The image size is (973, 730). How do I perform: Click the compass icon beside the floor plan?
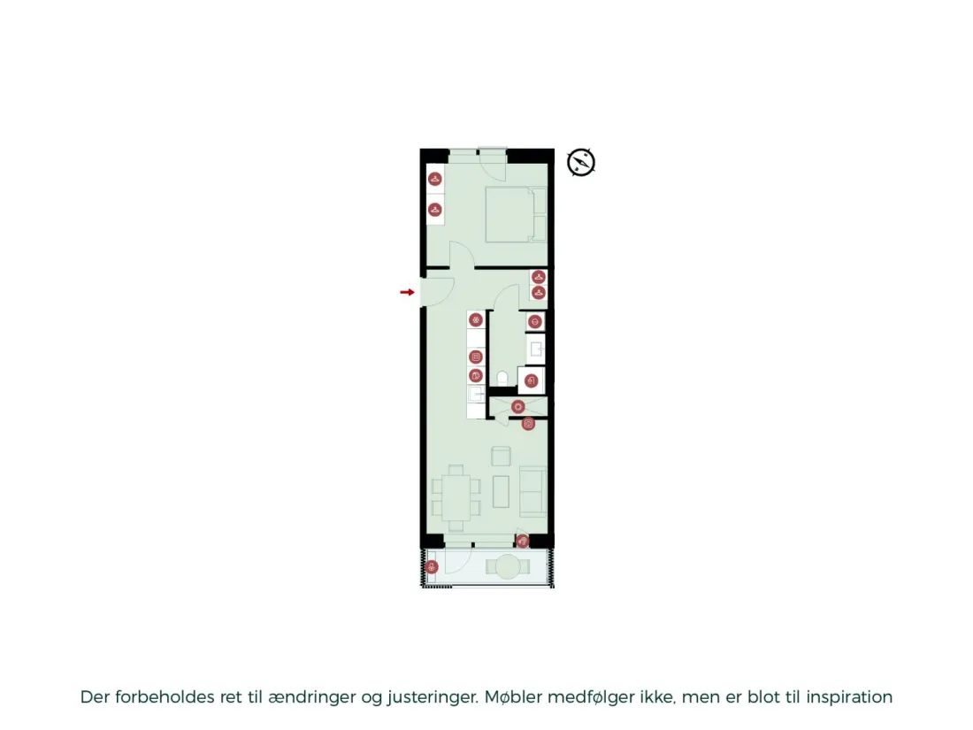click(x=581, y=163)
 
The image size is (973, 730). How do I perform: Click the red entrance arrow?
click(x=407, y=292)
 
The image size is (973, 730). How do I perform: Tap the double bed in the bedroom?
click(x=516, y=214)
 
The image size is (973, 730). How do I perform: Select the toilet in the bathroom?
click(x=502, y=378)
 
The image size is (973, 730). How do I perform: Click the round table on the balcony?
click(x=508, y=566)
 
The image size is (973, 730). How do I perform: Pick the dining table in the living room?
click(x=456, y=498)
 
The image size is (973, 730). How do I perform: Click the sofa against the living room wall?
click(x=533, y=491)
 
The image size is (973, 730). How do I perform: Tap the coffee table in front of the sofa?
click(x=501, y=492)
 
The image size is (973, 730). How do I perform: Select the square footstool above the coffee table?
click(x=501, y=457)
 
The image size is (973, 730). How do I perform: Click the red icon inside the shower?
click(x=518, y=407)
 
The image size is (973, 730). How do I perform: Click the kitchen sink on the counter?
click(x=477, y=394)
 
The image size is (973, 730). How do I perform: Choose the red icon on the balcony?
click(x=432, y=566)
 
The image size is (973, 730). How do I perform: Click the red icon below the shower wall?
click(x=528, y=424)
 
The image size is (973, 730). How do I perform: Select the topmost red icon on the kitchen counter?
click(x=476, y=320)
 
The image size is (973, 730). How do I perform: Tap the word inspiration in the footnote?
click(x=849, y=697)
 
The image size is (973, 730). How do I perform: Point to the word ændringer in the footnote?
click(x=312, y=698)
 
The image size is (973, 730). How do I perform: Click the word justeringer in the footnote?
click(x=433, y=698)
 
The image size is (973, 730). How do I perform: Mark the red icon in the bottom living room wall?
click(x=523, y=542)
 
